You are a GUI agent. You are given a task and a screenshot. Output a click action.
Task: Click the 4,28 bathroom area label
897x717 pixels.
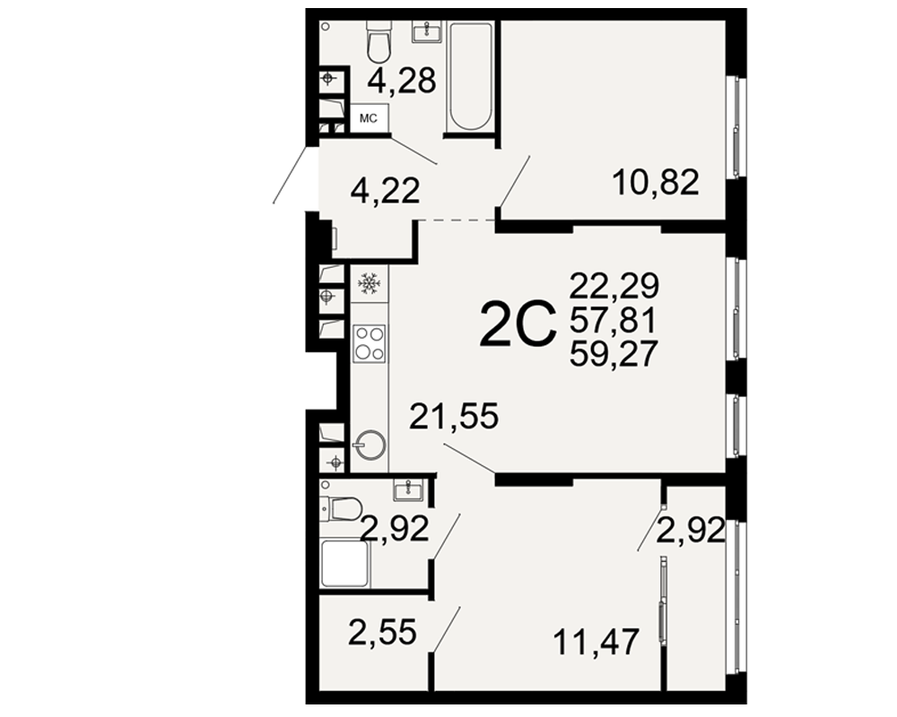pyautogui.click(x=402, y=81)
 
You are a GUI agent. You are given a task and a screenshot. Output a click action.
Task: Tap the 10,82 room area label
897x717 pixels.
pyautogui.click(x=656, y=183)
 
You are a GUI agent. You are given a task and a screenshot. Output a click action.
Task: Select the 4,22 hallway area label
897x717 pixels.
pyautogui.click(x=385, y=190)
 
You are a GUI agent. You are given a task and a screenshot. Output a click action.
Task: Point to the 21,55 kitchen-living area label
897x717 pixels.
pyautogui.click(x=454, y=416)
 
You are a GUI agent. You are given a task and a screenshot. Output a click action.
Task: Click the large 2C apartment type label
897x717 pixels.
pyautogui.click(x=518, y=324)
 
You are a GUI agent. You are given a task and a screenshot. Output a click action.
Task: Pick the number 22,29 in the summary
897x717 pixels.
pyautogui.click(x=614, y=285)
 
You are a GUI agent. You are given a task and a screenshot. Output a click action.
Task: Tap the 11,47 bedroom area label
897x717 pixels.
pyautogui.click(x=596, y=642)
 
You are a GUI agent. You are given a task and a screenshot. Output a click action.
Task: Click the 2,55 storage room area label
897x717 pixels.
pyautogui.click(x=382, y=633)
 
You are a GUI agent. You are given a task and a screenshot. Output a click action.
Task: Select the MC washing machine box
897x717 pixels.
pyautogui.click(x=369, y=118)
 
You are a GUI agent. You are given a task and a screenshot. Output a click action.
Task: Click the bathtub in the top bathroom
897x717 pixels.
pyautogui.click(x=471, y=76)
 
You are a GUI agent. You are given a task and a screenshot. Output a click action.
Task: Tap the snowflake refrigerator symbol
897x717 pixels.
pyautogui.click(x=369, y=283)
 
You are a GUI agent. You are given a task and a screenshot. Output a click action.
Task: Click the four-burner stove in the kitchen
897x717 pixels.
pyautogui.click(x=369, y=343)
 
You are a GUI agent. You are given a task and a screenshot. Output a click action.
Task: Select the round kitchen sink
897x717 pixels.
pyautogui.click(x=370, y=445)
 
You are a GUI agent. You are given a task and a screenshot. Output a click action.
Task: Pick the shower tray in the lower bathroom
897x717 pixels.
pyautogui.click(x=344, y=564)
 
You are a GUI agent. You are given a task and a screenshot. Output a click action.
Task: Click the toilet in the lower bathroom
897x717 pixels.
pyautogui.click(x=342, y=509)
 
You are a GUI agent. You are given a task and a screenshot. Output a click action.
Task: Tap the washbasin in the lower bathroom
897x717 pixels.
pyautogui.click(x=408, y=490)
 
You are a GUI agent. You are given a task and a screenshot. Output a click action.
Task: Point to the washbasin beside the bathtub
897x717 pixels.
pyautogui.click(x=427, y=30)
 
